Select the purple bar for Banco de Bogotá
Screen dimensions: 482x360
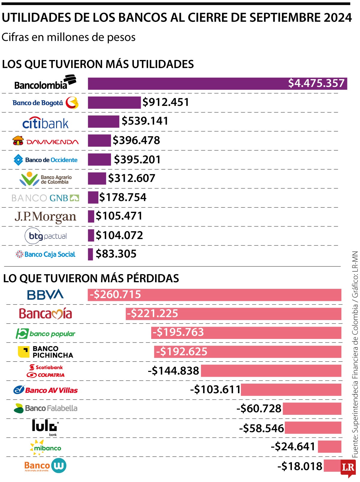pyautogui.click(x=114, y=102)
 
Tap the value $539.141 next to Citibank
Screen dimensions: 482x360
pyautogui.click(x=145, y=121)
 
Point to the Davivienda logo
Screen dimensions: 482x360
pyautogui.click(x=46, y=141)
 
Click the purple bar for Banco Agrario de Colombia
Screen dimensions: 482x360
pyautogui.click(x=97, y=178)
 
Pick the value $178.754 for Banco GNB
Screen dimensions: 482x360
pyautogui.click(x=123, y=197)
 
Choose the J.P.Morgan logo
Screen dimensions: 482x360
pyautogui.click(x=45, y=217)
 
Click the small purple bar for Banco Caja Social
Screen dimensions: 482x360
pyautogui.click(x=90, y=254)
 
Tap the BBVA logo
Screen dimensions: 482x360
pyautogui.click(x=45, y=295)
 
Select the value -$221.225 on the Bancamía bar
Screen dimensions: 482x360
pyautogui.click(x=152, y=314)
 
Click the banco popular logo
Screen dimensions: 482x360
pyautogui.click(x=45, y=334)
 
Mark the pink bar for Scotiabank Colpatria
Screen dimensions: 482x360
pyautogui.click(x=271, y=371)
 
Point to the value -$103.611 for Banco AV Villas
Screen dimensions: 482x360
pyautogui.click(x=215, y=390)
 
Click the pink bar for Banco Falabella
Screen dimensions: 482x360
pyautogui.click(x=312, y=409)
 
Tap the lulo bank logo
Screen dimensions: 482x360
pyautogui.click(x=45, y=427)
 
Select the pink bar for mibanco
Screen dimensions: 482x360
pyautogui.click(x=329, y=447)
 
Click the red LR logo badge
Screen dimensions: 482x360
pyautogui.click(x=348, y=468)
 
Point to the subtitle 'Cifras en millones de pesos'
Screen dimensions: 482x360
pyautogui.click(x=68, y=37)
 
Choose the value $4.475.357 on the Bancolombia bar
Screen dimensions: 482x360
pyautogui.click(x=316, y=83)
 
